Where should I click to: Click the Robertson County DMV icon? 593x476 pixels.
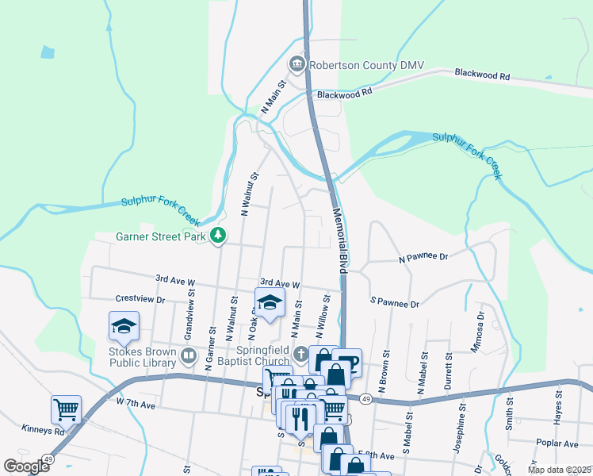(x=297, y=62)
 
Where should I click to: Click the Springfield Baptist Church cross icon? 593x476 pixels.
(x=300, y=354)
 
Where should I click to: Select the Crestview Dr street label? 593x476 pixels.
(x=140, y=300)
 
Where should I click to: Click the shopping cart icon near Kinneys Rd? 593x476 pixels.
(x=66, y=410)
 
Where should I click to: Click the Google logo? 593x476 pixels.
(x=27, y=466)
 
